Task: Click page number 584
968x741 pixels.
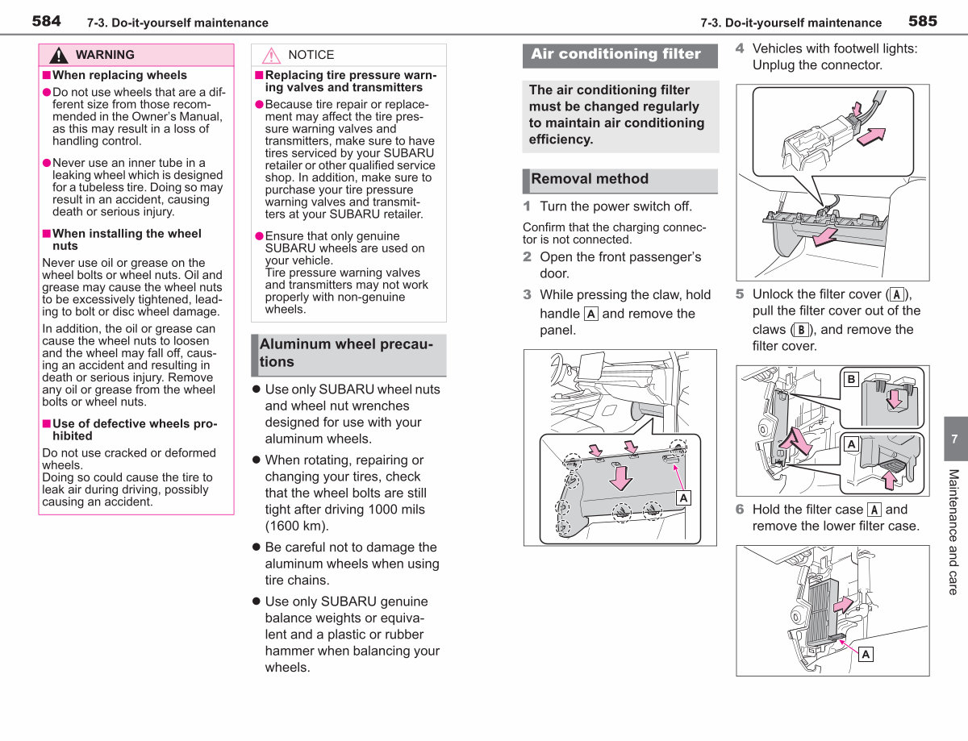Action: click(46, 21)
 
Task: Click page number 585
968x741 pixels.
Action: click(923, 21)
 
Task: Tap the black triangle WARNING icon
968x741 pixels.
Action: click(58, 56)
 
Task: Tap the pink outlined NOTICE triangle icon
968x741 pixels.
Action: click(271, 56)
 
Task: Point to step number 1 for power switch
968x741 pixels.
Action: click(527, 206)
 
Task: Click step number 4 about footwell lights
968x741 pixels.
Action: click(740, 48)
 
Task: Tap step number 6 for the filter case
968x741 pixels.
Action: click(740, 509)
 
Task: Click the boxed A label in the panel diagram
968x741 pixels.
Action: click(683, 498)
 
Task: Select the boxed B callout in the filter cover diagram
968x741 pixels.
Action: click(851, 379)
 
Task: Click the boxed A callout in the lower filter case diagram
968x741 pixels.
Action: click(866, 654)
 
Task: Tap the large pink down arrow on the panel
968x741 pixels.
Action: click(620, 478)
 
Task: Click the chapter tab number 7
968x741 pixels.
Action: click(954, 439)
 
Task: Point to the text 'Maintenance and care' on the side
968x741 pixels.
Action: click(953, 532)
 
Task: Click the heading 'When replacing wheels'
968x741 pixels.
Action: click(119, 75)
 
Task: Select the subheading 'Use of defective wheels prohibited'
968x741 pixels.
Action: click(135, 430)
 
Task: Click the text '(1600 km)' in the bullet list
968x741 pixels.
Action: click(297, 526)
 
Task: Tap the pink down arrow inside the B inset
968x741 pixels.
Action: click(895, 399)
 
